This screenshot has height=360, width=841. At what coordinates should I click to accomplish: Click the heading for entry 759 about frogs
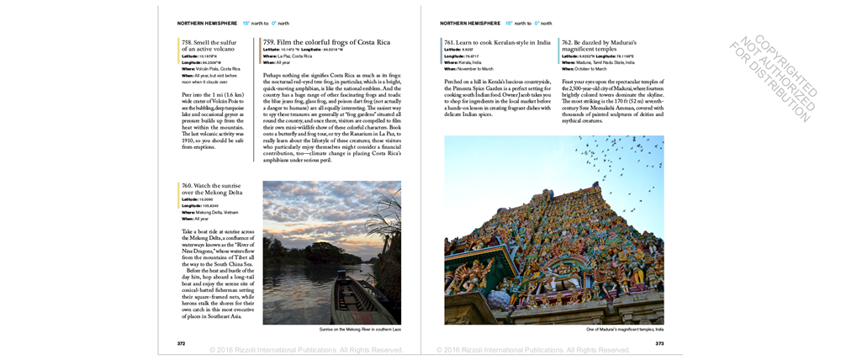pyautogui.click(x=326, y=42)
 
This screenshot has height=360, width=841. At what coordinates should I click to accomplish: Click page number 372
pyautogui.click(x=181, y=343)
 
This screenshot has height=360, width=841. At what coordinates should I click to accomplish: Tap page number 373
pyautogui.click(x=659, y=343)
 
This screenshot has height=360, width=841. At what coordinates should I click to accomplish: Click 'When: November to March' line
pyautogui.click(x=468, y=68)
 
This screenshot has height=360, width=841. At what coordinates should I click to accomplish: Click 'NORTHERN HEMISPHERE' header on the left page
pyautogui.click(x=204, y=23)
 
